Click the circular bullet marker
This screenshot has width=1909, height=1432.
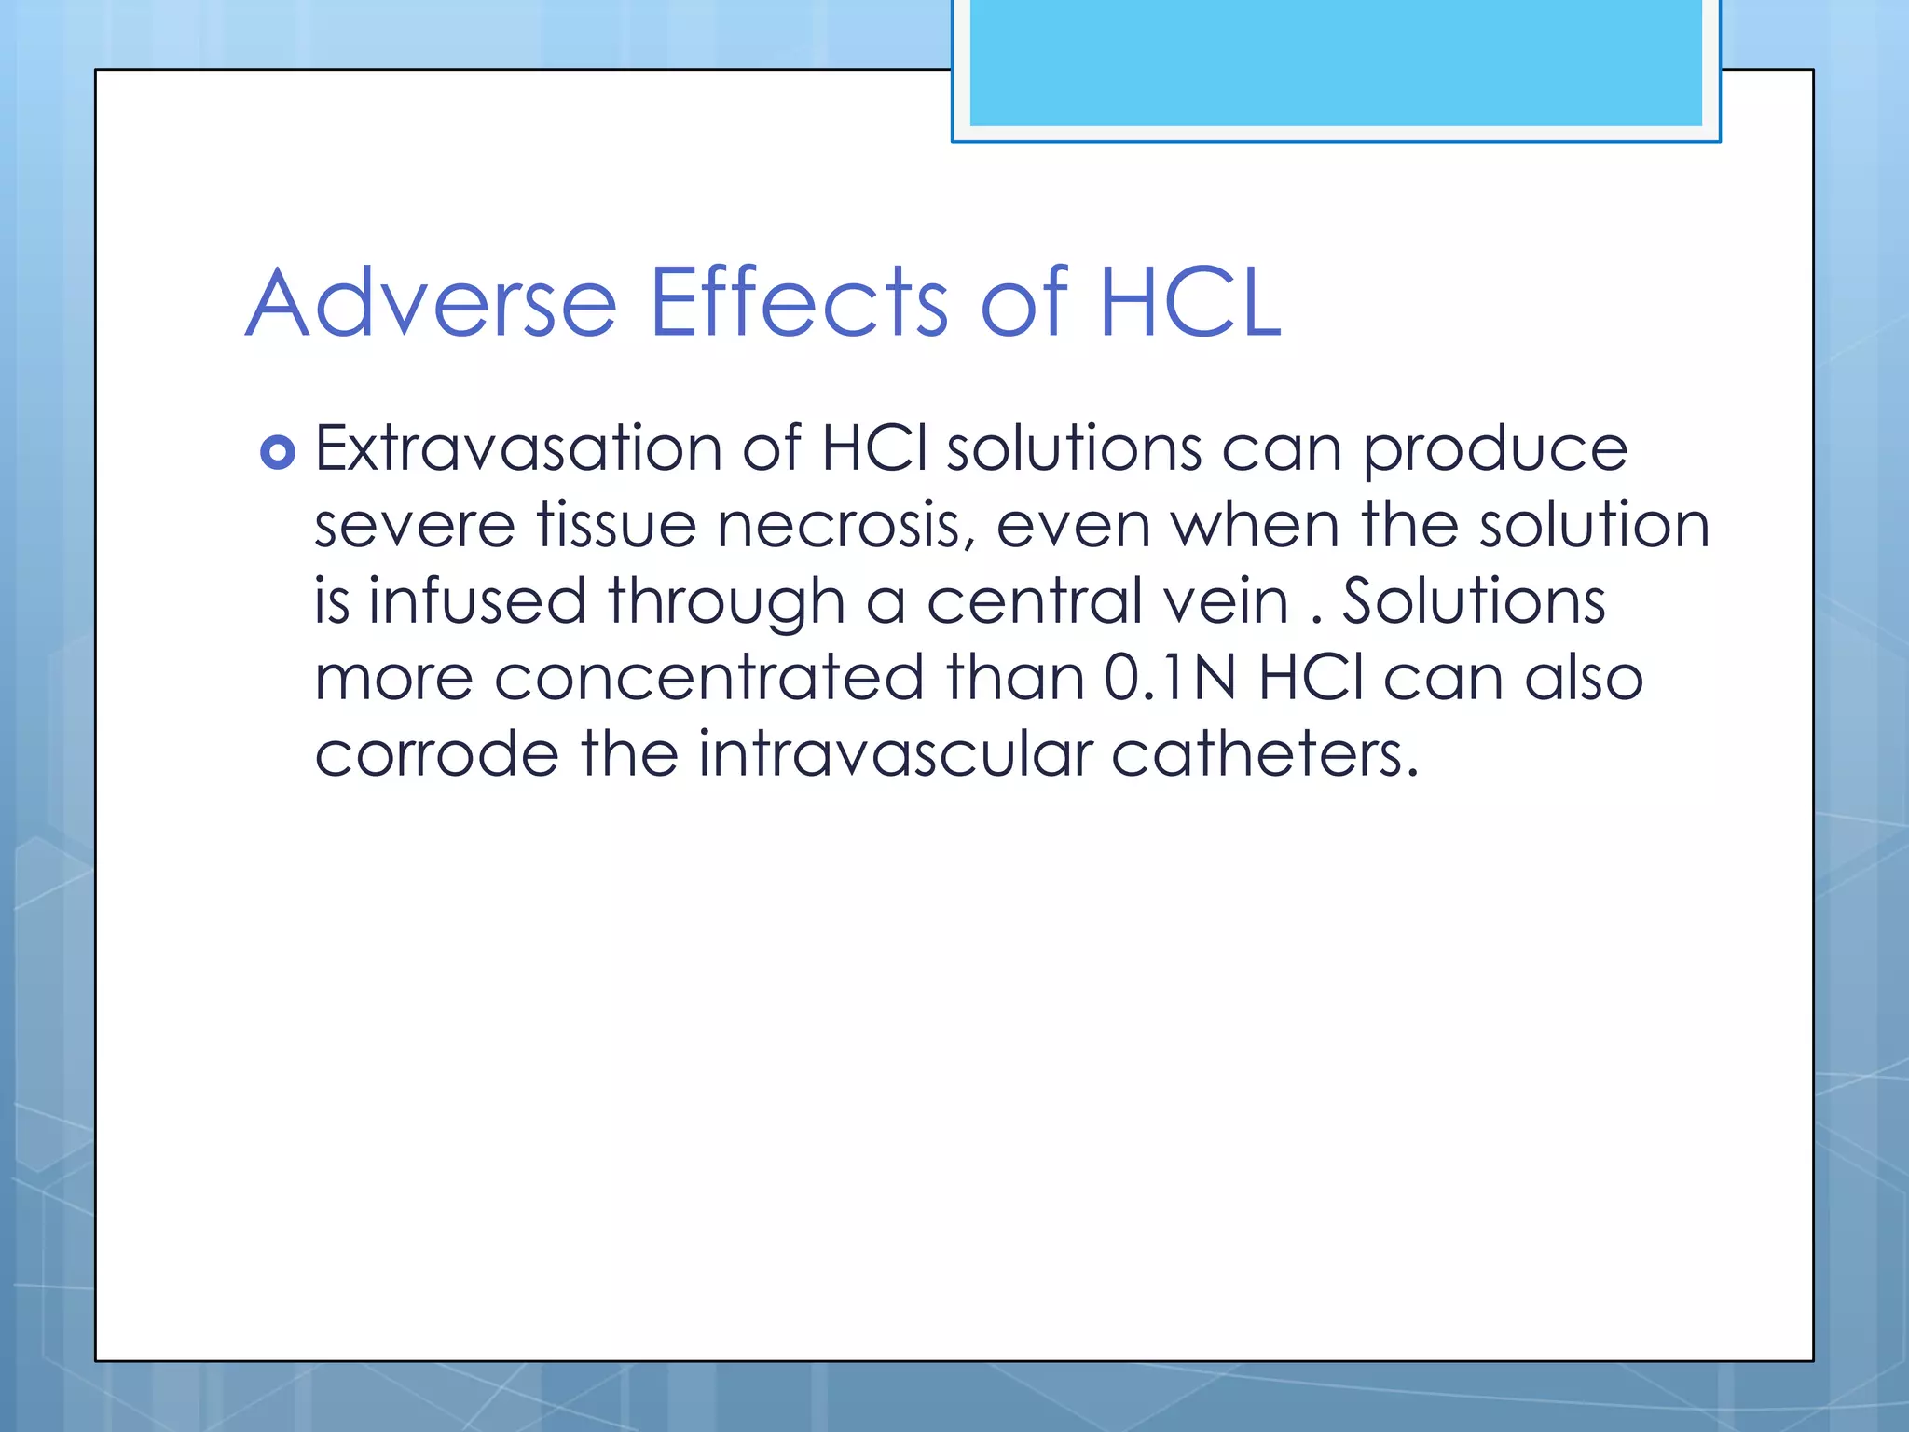click(x=278, y=453)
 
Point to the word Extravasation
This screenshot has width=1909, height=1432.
click(x=518, y=449)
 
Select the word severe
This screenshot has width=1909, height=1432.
click(x=415, y=526)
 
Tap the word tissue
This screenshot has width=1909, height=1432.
click(x=616, y=525)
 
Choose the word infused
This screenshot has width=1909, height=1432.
click(x=476, y=601)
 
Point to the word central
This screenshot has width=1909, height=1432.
click(x=1034, y=601)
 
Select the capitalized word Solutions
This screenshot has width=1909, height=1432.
click(x=1474, y=601)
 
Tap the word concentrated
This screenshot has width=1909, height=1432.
click(x=709, y=678)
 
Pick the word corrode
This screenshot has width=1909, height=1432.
click(x=436, y=754)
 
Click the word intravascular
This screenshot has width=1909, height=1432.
click(x=895, y=754)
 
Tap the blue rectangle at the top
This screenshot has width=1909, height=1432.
click(x=1335, y=63)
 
